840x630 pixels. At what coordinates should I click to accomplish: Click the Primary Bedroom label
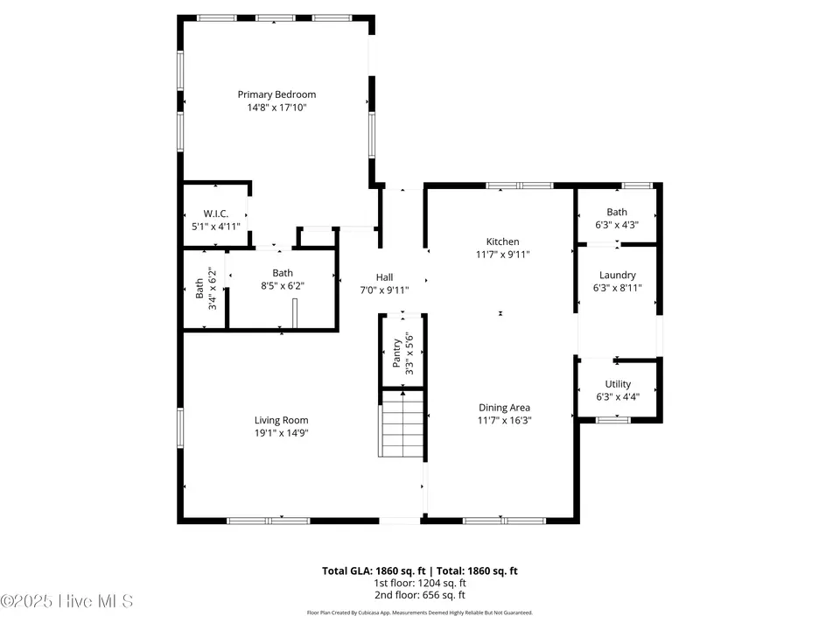point(276,94)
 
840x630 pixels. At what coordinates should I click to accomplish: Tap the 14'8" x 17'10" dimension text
point(276,108)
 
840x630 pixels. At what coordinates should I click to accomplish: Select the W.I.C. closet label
point(216,213)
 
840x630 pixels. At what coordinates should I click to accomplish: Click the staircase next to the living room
point(402,423)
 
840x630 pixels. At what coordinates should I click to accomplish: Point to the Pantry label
point(397,353)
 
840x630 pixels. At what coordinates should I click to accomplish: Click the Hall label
point(384,277)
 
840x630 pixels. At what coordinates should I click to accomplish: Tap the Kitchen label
point(502,241)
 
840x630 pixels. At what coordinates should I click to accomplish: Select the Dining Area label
point(504,408)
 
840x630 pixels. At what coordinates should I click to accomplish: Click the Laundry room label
point(617,276)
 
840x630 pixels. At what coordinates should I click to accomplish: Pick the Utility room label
point(618,384)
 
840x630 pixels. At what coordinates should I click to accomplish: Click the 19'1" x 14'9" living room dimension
point(281,433)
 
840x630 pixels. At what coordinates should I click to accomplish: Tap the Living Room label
point(281,421)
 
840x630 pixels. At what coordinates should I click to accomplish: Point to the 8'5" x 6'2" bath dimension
point(283,286)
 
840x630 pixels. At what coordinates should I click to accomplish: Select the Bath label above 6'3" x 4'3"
point(617,212)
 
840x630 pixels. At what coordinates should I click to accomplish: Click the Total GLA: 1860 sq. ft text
point(374,571)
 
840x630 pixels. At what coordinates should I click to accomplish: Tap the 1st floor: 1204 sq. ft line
point(419,583)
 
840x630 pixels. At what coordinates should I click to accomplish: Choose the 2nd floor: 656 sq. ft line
point(419,595)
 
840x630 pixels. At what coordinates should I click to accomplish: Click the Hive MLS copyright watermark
point(66,601)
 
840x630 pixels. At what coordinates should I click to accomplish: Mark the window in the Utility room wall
point(613,420)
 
